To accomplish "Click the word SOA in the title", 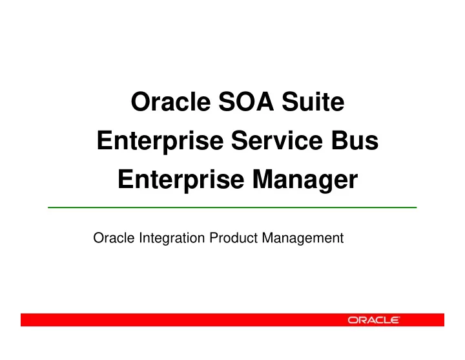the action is (246, 102).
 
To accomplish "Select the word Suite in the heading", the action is (313, 101).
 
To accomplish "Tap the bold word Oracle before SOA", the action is (170, 101).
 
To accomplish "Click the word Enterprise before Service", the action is (160, 141).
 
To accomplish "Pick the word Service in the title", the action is (277, 140).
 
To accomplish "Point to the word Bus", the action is (355, 140).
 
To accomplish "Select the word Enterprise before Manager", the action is (181, 180).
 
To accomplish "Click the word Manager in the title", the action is (305, 180).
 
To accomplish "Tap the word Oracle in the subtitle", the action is (114, 238).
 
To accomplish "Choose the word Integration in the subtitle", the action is (172, 238).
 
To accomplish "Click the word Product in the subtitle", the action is (234, 238).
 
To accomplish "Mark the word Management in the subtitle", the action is (303, 238).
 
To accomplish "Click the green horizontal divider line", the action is (232, 207).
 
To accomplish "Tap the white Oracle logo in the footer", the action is (374, 320).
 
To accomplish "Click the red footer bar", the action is (232, 320).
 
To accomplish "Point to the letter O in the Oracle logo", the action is (353, 320).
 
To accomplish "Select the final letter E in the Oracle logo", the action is (394, 320).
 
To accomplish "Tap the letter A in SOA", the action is (264, 102).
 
